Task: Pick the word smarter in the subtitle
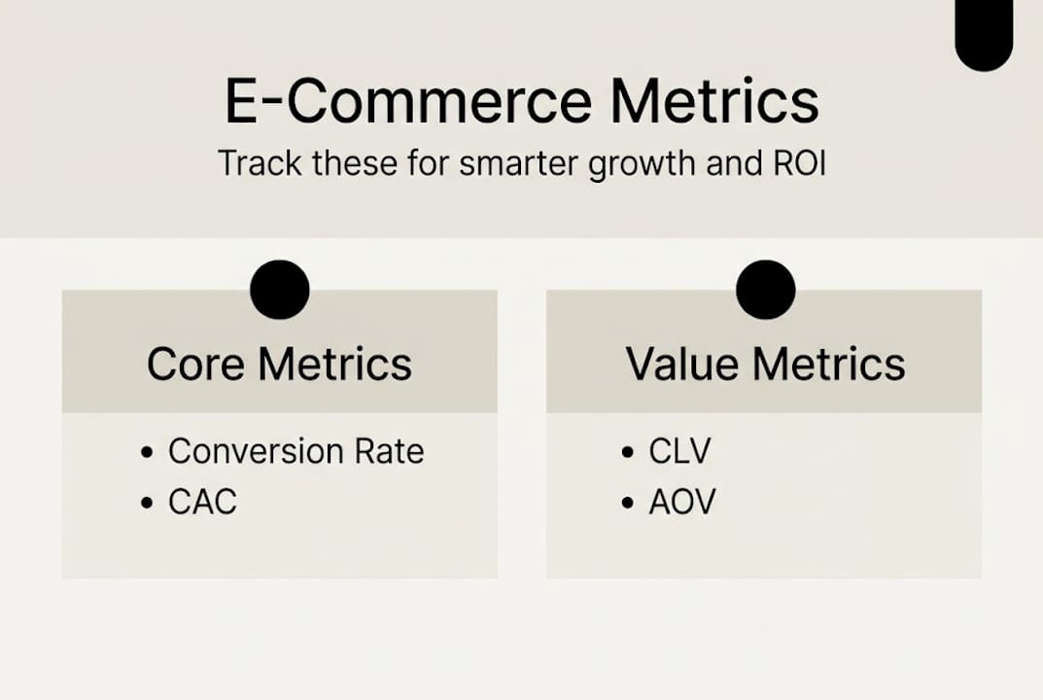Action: (524, 162)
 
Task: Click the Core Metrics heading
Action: (279, 364)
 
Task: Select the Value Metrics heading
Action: (765, 364)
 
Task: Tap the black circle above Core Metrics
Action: (280, 290)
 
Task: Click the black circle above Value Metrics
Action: (765, 290)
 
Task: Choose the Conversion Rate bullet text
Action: (296, 451)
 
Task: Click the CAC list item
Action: (202, 502)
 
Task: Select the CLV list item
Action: (679, 451)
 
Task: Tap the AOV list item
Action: (682, 502)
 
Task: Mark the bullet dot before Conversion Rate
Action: (147, 453)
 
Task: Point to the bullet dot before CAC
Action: (147, 504)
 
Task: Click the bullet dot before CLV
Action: (627, 453)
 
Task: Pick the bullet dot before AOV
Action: (627, 504)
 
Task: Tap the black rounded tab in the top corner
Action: (984, 34)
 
